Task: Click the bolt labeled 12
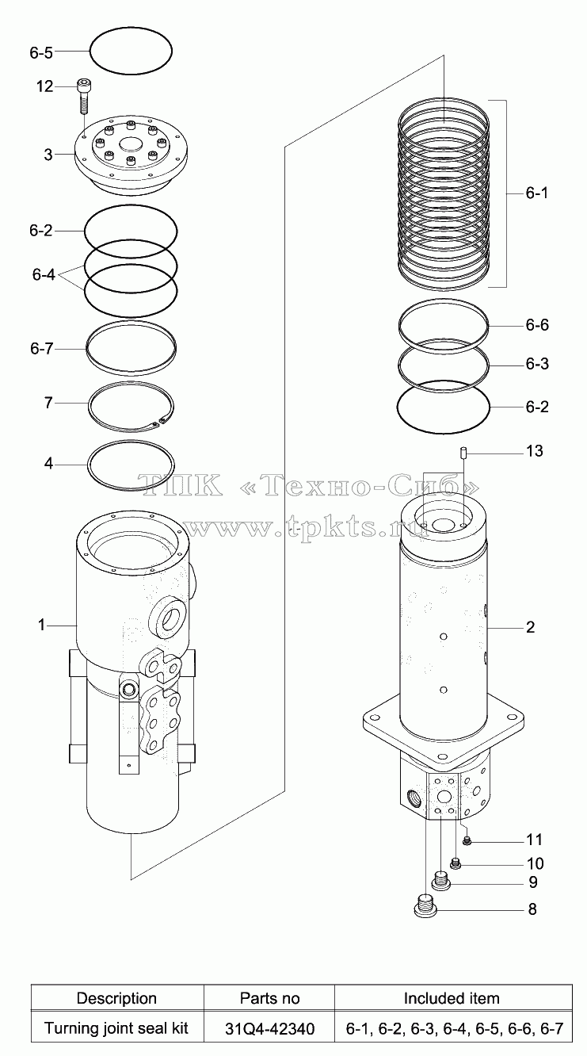tap(83, 97)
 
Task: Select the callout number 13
tap(534, 451)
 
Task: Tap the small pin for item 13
tap(463, 453)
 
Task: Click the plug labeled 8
tap(425, 908)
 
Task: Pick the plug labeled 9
tap(441, 881)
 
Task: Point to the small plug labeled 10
tap(455, 863)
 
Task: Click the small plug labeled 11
tap(467, 840)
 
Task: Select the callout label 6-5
tap(41, 53)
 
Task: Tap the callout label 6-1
tap(537, 193)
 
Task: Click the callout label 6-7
tap(41, 348)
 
